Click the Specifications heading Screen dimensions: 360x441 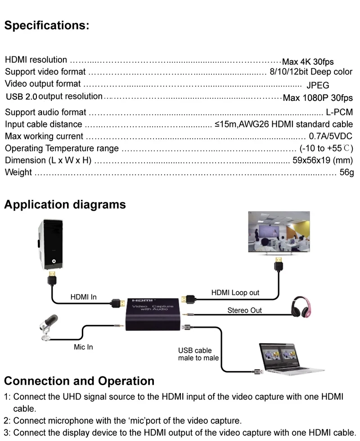[x=47, y=25]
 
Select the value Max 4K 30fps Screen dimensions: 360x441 [x=308, y=62]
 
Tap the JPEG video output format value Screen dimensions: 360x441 [x=318, y=85]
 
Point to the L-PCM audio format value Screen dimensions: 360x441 [x=339, y=112]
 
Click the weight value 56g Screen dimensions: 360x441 [x=346, y=172]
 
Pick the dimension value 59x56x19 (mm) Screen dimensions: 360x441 [x=323, y=160]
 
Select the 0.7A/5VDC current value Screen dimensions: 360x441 [x=330, y=136]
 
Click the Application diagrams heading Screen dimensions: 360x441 [x=65, y=205]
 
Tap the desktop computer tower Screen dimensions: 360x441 [x=50, y=244]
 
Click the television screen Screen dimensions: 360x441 [x=279, y=232]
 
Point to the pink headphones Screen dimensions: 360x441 [x=301, y=307]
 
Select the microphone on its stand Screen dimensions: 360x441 [x=49, y=327]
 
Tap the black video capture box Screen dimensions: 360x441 [x=153, y=314]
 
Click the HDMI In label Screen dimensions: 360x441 [x=83, y=297]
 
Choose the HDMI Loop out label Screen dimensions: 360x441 [x=235, y=292]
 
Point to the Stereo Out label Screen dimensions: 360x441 [x=244, y=310]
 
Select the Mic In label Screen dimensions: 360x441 [x=83, y=347]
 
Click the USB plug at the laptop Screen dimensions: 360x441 [x=259, y=372]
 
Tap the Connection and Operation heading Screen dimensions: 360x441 [x=79, y=381]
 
